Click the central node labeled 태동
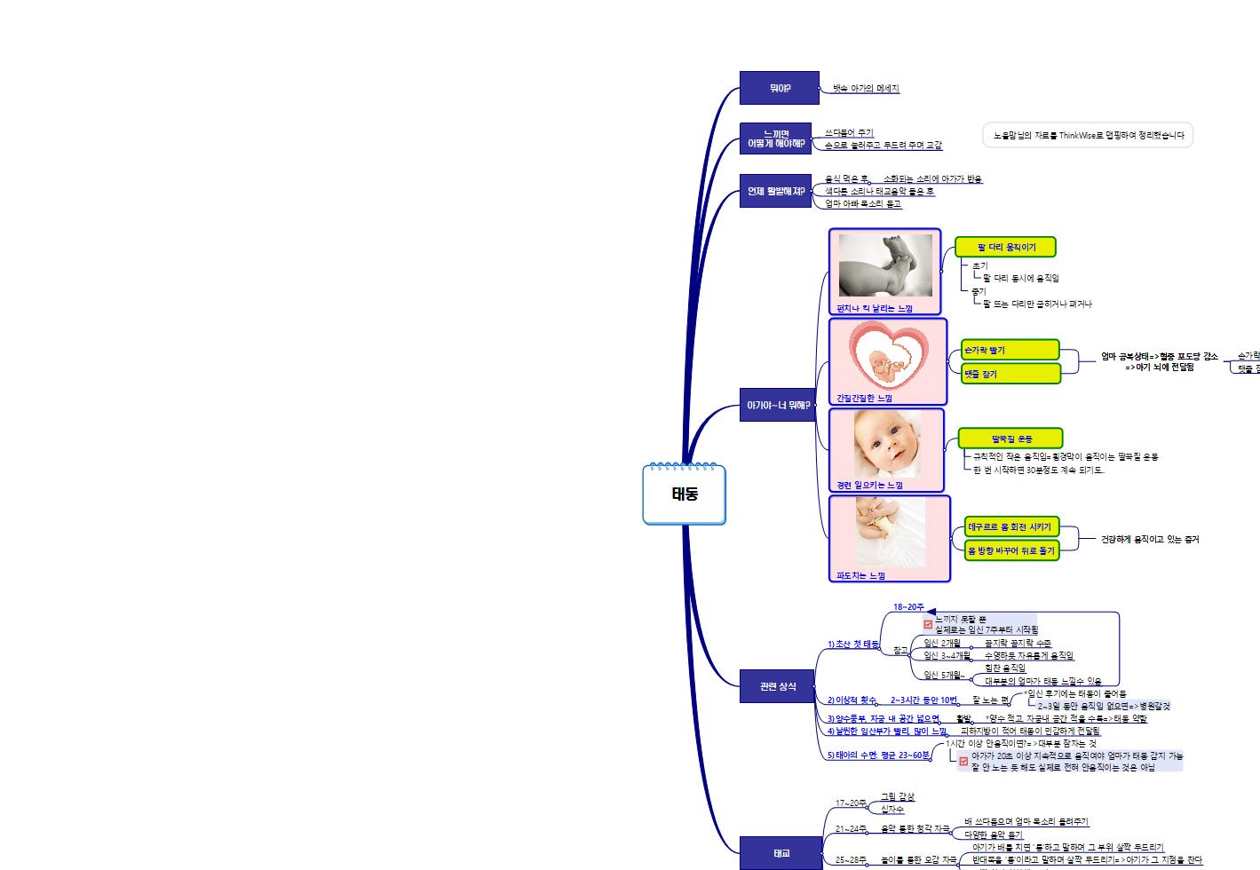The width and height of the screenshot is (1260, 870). [x=684, y=494]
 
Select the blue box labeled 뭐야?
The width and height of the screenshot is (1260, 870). [x=779, y=88]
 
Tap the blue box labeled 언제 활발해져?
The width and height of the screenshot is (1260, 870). [x=775, y=191]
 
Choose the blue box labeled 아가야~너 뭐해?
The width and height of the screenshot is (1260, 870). [x=778, y=405]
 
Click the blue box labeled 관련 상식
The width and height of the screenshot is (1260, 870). [x=778, y=686]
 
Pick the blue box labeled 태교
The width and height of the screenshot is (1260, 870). [x=781, y=853]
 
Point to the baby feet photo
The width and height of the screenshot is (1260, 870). [x=885, y=265]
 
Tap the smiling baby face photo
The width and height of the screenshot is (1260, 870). [x=887, y=443]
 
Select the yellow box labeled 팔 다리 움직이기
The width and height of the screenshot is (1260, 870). [x=1005, y=247]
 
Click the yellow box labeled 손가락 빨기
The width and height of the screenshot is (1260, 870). [x=1010, y=350]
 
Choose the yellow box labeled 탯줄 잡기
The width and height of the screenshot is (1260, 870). [x=1010, y=374]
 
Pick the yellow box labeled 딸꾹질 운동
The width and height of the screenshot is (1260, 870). [x=1010, y=439]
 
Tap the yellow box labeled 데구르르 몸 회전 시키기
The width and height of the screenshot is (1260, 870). [x=1011, y=526]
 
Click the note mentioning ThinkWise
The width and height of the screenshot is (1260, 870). [x=1088, y=135]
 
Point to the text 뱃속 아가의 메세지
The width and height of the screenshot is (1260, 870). [x=865, y=89]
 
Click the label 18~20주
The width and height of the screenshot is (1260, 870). [x=908, y=607]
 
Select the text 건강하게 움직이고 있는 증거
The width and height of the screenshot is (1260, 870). [x=1149, y=539]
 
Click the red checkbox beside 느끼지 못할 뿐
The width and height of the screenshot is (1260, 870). [x=928, y=624]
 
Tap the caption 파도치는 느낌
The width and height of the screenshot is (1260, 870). [x=860, y=575]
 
